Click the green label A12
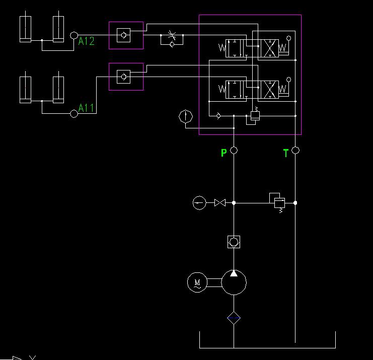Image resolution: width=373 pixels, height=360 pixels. coord(87,41)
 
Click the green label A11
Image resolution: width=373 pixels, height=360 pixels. coord(87,108)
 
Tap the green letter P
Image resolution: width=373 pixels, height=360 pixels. coord(223,153)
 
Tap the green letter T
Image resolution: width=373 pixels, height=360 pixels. coord(286,153)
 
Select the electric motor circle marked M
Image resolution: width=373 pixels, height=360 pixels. coord(197,282)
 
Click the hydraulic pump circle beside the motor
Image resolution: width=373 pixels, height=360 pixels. coord(234,282)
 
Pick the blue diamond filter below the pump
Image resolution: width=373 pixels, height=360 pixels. coord(234,318)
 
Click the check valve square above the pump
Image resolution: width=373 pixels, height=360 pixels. coord(234,242)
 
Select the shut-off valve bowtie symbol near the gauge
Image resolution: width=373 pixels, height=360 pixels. coord(219,203)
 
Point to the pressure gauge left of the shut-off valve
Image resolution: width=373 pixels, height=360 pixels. coord(199,203)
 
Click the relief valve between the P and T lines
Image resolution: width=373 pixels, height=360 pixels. coord(278,202)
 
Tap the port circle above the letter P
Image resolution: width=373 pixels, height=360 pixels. coord(234,150)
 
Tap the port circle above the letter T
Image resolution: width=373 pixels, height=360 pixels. coord(295,150)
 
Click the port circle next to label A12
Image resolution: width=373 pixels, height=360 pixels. coord(74,35)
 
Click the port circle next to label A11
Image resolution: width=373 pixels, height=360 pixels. coord(74,114)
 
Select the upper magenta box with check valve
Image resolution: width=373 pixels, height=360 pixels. coord(126,35)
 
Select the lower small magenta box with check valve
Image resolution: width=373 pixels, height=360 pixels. coord(126,77)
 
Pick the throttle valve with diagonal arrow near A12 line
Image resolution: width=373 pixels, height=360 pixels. coord(172,36)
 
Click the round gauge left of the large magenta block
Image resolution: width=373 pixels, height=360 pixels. coord(186,117)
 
